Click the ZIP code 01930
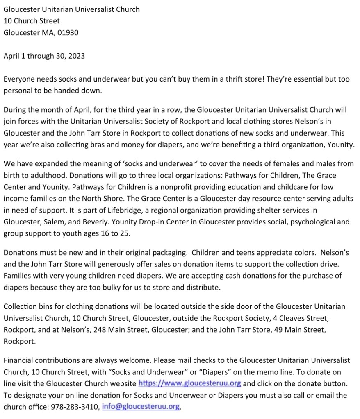(68, 32)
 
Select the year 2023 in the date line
(76, 56)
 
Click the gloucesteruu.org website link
(190, 384)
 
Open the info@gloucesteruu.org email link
(141, 407)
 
